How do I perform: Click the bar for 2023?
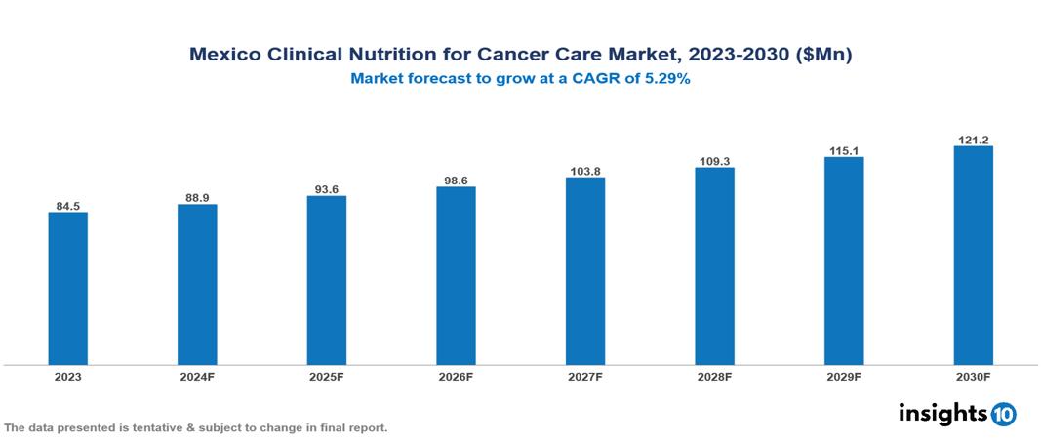tap(68, 289)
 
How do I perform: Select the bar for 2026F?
tap(456, 275)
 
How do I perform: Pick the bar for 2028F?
tap(714, 265)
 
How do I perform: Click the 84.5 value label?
tap(68, 205)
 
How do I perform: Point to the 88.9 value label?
tap(197, 198)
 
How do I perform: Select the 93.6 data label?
tap(327, 189)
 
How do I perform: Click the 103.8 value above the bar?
tap(584, 171)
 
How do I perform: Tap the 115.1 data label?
tap(844, 150)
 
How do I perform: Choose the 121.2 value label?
tap(973, 140)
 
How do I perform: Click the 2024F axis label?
tap(197, 376)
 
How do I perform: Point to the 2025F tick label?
tap(327, 376)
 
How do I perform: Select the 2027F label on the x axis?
tap(584, 376)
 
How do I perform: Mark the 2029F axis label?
tap(844, 376)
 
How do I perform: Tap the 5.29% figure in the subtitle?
tap(664, 80)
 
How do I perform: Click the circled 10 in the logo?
tap(1003, 414)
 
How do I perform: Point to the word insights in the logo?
tap(942, 413)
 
